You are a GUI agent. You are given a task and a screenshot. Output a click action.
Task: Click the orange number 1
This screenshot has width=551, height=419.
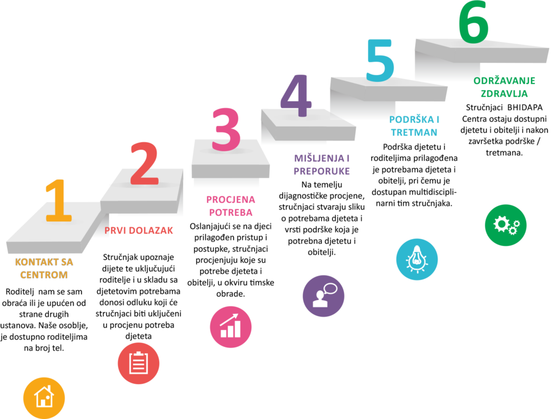[59, 200]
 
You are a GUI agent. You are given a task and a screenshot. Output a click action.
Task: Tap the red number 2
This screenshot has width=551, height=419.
[145, 164]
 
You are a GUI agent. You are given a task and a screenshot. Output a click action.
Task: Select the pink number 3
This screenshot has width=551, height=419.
[226, 130]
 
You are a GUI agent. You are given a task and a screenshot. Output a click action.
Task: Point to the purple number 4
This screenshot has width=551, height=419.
[296, 96]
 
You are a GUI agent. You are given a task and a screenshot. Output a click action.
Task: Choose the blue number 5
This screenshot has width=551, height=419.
[380, 60]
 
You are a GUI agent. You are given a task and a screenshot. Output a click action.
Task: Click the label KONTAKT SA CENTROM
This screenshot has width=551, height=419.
[44, 268]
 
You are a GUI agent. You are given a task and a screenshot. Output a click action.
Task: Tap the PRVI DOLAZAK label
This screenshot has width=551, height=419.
[139, 231]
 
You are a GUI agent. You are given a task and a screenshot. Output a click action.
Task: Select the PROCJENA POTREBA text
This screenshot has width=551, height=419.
[230, 206]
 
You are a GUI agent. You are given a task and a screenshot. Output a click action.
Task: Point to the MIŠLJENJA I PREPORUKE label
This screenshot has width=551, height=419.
[322, 165]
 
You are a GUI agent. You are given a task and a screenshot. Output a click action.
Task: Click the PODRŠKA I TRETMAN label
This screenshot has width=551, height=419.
[414, 126]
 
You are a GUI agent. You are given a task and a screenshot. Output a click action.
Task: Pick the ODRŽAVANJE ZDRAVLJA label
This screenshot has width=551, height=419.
[504, 87]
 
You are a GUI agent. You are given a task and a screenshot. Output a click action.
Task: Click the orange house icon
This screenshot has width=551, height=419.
[44, 397]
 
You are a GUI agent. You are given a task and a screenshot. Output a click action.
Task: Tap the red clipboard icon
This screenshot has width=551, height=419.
[138, 363]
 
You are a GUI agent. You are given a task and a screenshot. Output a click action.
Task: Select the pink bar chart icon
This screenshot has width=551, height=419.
[230, 327]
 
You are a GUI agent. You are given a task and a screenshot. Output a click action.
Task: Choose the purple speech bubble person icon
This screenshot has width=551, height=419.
[323, 296]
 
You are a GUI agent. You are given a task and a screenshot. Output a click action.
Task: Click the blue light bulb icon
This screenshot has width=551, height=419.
[416, 259]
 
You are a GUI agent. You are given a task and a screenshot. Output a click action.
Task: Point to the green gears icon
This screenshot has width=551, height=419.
[505, 225]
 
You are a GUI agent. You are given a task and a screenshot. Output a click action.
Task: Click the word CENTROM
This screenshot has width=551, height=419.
[44, 275]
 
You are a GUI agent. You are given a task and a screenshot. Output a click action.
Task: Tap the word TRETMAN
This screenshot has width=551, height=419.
[414, 132]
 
